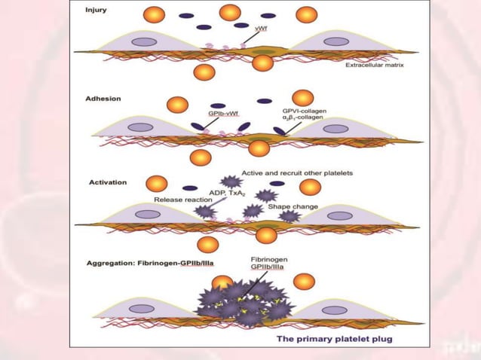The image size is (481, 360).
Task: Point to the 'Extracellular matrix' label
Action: coord(375,66)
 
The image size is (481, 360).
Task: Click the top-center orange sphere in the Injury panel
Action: coord(230,12)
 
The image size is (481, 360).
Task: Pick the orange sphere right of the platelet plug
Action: coord(305,282)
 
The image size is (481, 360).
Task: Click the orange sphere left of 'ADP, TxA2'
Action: coord(157,183)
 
